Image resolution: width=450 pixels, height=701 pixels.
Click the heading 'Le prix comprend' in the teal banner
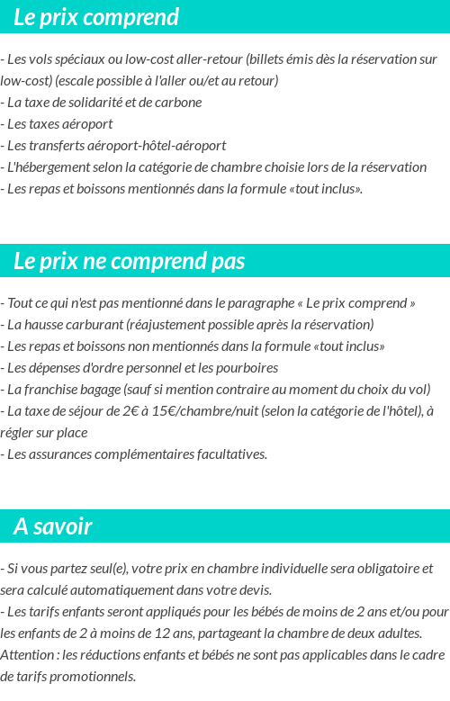[96, 17]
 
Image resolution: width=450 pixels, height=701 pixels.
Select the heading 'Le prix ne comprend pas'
[129, 261]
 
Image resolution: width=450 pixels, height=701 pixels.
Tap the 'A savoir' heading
[52, 526]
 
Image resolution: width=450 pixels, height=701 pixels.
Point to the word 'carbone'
[178, 102]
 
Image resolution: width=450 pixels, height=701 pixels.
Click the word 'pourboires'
[246, 367]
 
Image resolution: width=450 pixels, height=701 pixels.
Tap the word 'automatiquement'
[129, 589]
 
